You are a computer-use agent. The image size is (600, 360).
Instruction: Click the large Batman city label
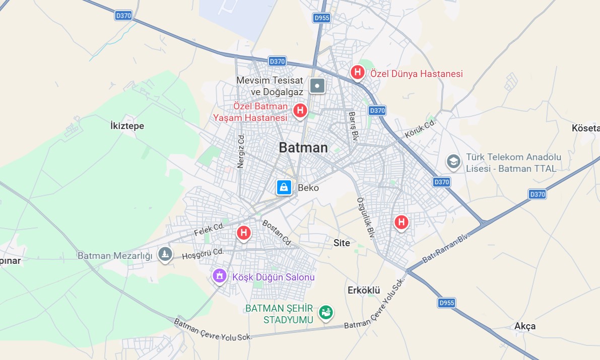tap(303, 148)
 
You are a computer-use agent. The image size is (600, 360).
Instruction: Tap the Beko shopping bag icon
tap(284, 187)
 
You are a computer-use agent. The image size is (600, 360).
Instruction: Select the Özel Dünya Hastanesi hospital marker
tap(358, 72)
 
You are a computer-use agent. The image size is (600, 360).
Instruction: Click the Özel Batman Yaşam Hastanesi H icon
tap(301, 110)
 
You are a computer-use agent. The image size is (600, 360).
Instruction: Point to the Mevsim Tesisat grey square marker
tap(317, 86)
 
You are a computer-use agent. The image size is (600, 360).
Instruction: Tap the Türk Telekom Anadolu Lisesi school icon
tap(453, 162)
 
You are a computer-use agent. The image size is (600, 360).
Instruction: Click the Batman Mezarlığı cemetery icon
tap(165, 254)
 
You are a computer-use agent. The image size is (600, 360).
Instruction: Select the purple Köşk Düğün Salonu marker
tap(219, 275)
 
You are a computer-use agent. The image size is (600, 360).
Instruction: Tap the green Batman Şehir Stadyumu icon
tap(326, 312)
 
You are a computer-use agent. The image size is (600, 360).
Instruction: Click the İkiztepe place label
tap(127, 126)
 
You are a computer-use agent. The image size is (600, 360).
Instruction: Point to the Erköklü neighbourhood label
tap(363, 291)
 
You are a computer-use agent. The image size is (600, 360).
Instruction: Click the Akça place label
tap(525, 326)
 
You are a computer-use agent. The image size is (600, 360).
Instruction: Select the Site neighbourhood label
tap(342, 243)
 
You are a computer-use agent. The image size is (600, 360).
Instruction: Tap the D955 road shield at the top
tap(321, 18)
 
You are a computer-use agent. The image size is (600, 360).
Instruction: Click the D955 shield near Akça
tap(446, 303)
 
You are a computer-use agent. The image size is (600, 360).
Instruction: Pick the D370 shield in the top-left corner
tap(123, 16)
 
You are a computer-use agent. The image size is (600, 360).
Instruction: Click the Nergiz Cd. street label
tap(241, 151)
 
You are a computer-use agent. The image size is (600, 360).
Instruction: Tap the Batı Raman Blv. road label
tap(445, 248)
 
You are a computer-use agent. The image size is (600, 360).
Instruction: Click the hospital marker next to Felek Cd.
tap(244, 233)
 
